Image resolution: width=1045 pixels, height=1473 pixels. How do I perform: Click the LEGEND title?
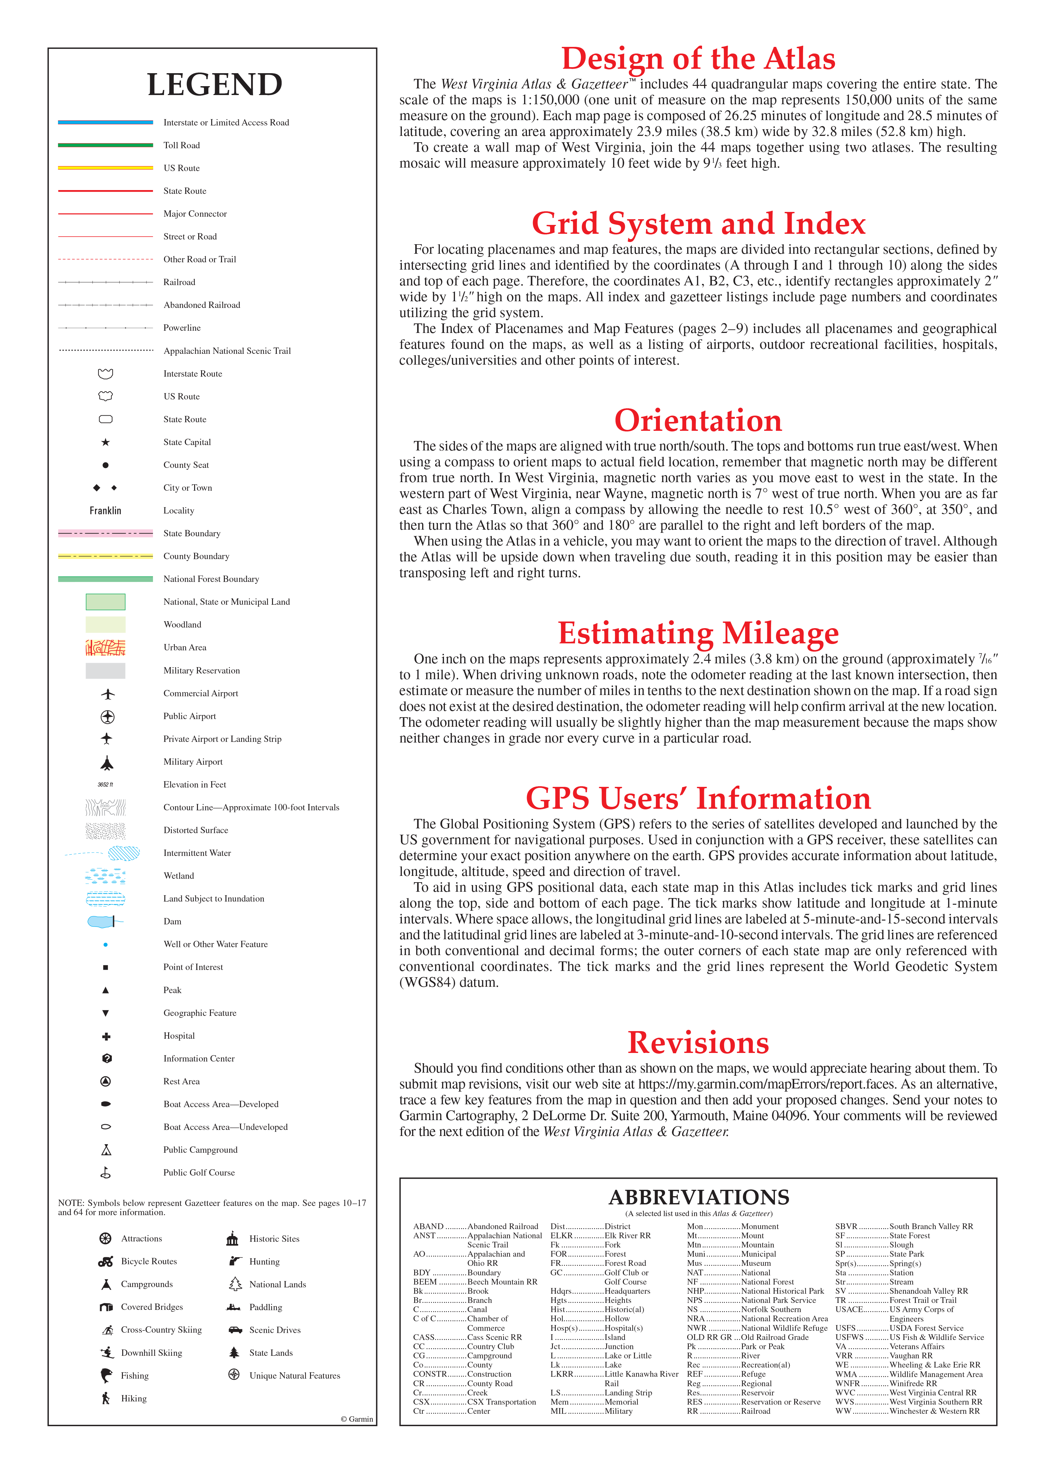tap(214, 84)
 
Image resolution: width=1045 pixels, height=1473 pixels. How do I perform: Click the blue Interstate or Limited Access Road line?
tap(105, 122)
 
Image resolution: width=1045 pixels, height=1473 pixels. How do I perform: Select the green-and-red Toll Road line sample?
tap(105, 145)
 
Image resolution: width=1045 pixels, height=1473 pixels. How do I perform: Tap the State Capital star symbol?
tap(105, 442)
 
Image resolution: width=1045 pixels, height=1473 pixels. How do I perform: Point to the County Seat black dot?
tap(105, 465)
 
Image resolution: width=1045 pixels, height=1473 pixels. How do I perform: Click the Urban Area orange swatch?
tap(105, 647)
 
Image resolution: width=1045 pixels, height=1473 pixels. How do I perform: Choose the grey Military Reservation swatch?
tap(105, 671)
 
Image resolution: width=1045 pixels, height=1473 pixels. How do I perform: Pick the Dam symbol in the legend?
tap(103, 921)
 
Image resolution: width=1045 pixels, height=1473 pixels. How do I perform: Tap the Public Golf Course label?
tap(199, 1172)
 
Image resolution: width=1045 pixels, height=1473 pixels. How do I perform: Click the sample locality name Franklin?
tap(105, 510)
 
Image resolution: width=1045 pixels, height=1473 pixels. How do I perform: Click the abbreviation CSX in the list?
tap(421, 1402)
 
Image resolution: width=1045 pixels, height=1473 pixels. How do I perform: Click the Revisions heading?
tap(698, 1043)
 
